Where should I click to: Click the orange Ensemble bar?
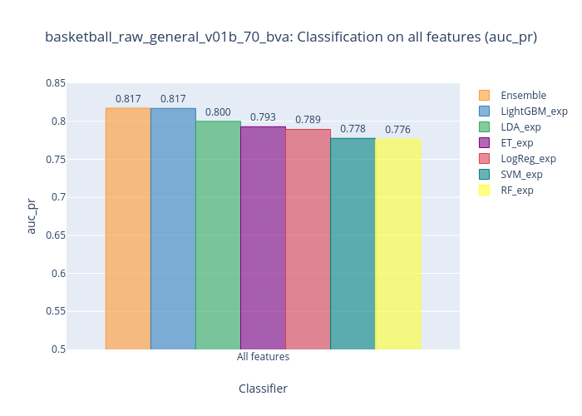pos(128,229)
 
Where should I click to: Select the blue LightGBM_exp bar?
pos(173,229)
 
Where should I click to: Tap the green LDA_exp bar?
pos(218,235)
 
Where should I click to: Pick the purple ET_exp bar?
pos(263,238)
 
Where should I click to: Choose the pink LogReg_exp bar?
pos(308,240)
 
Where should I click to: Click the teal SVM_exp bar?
pos(353,244)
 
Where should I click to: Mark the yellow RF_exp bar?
pos(397,245)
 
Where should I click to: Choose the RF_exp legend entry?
pos(517,190)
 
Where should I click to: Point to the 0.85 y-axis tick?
pos(56,83)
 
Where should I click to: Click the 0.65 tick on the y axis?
pos(56,235)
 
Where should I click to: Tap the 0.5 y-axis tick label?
pos(58,349)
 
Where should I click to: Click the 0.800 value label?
pos(218,112)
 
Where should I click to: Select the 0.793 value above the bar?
pos(263,117)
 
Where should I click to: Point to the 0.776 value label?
pos(397,130)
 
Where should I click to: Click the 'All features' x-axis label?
pos(263,357)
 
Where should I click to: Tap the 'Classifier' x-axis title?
pos(263,389)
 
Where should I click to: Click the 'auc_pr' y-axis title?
pos(32,215)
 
